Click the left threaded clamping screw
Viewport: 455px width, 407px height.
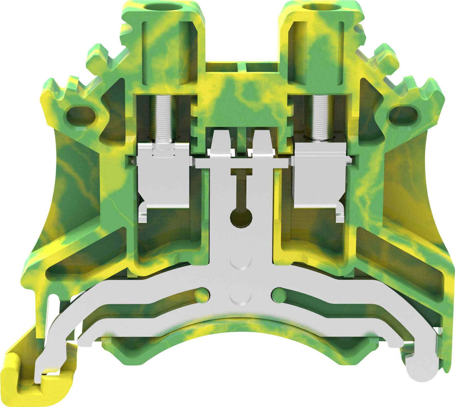[x=164, y=117]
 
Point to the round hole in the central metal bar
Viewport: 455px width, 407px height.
[x=241, y=219]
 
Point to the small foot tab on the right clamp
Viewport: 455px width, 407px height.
[x=341, y=216]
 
